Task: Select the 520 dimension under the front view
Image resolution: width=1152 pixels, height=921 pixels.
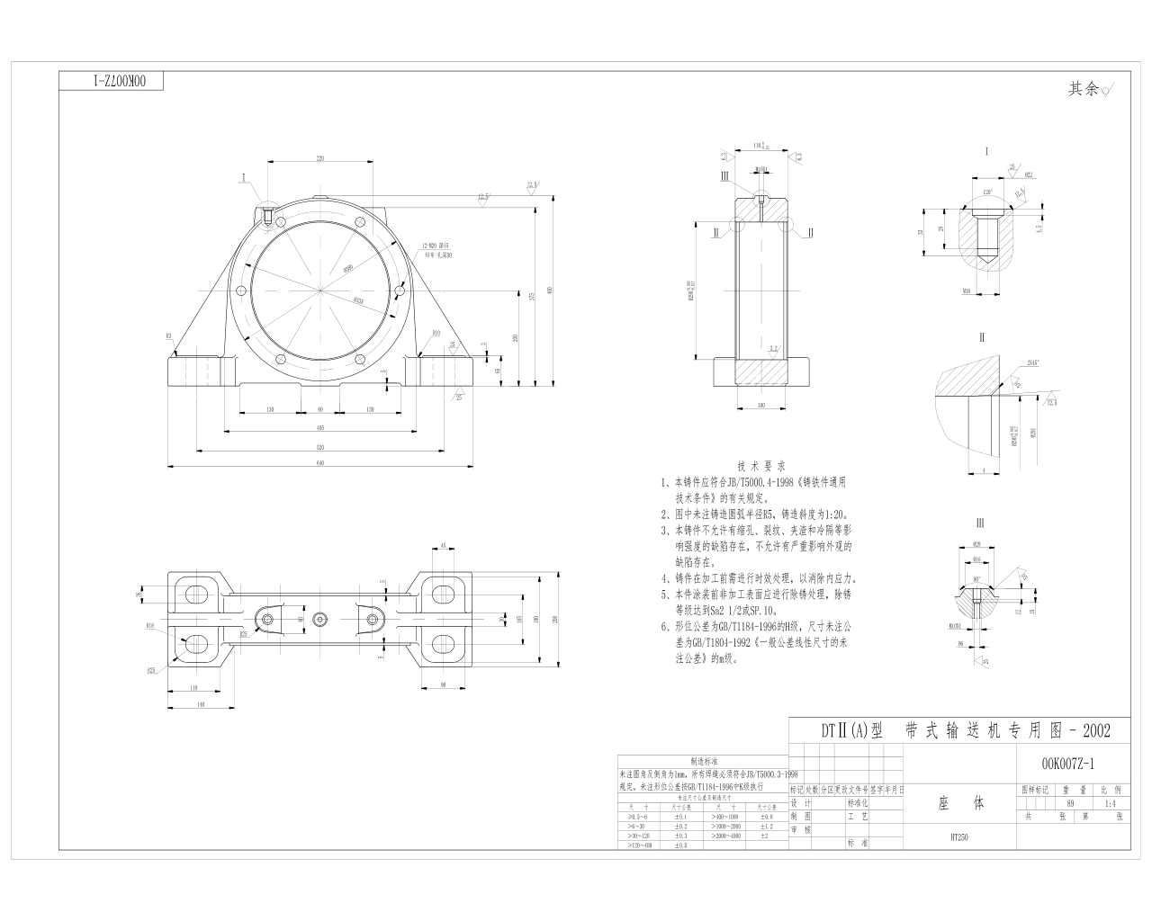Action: tap(320, 447)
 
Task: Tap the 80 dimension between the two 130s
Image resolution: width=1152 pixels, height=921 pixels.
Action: tap(320, 409)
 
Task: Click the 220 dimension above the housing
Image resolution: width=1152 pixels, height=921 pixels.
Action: tap(320, 158)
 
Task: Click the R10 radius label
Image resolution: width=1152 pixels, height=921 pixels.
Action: tap(436, 333)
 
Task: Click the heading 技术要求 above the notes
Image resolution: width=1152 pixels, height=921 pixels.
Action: tap(761, 466)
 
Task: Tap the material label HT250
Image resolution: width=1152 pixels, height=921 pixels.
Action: tap(958, 836)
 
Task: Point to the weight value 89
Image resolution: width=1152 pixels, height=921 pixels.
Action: tap(1070, 803)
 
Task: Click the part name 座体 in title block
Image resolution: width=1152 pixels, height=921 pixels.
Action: tap(960, 802)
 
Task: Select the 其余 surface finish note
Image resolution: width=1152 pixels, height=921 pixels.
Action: tap(1084, 89)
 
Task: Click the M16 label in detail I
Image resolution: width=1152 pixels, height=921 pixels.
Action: tap(966, 291)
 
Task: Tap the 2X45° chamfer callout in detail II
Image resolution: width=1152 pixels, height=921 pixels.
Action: tap(1033, 362)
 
